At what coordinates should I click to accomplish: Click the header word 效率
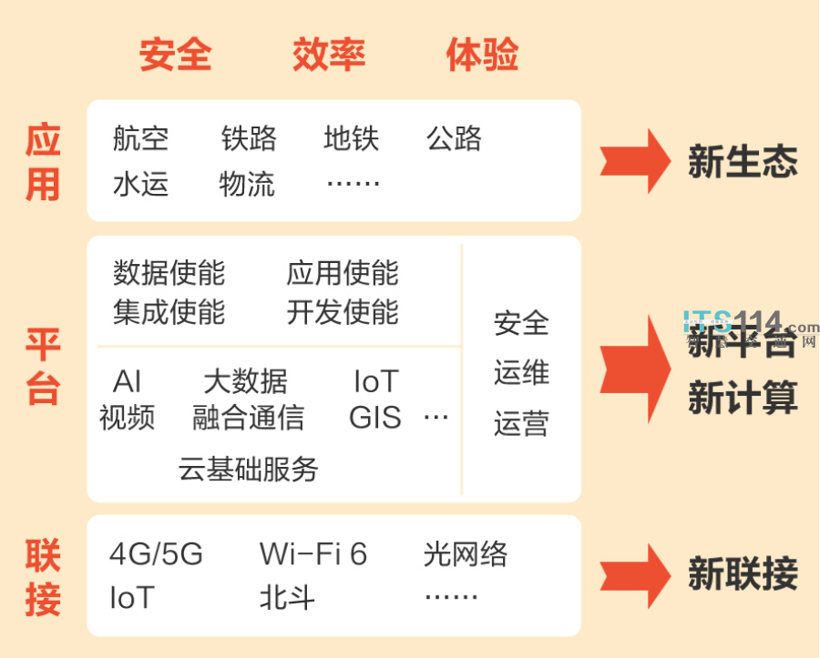329,55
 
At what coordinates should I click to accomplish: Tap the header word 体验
482,55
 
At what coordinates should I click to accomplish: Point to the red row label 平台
43,367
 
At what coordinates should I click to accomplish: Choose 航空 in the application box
141,138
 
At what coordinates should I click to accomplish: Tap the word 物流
247,185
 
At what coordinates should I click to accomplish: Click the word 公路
454,138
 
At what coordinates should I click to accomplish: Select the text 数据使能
169,272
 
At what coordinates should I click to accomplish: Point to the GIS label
375,418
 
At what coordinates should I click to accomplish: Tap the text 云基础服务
249,469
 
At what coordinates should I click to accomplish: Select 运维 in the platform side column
521,373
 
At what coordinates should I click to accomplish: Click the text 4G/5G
156,553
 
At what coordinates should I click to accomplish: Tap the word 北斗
287,598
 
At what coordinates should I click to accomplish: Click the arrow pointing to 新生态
635,161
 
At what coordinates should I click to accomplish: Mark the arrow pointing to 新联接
635,575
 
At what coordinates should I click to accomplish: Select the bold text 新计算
743,399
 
